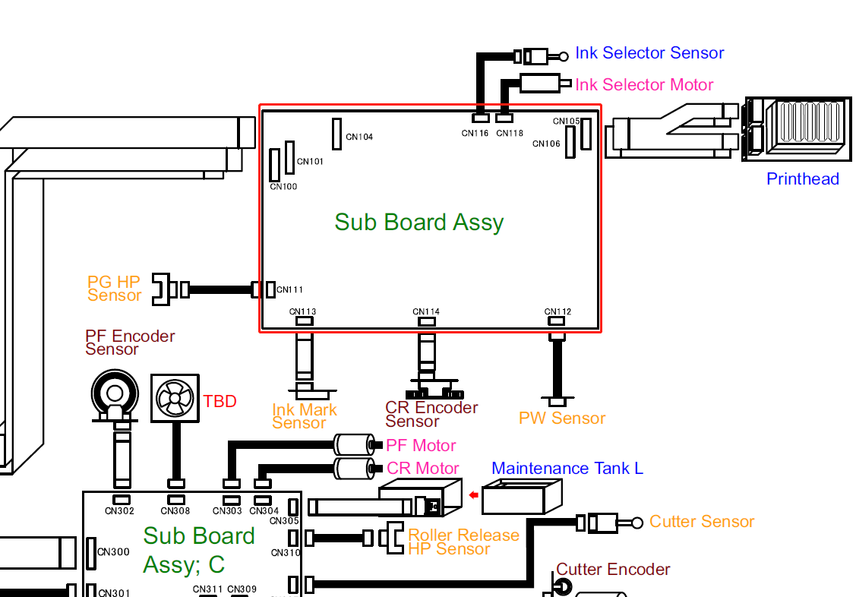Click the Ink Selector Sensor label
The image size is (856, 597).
649,53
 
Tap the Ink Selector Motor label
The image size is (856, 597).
644,85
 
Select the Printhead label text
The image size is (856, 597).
802,179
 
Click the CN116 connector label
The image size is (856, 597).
475,134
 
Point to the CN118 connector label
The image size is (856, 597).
510,134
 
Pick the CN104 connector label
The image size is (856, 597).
359,137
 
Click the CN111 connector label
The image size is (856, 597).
289,290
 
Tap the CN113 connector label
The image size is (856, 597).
303,312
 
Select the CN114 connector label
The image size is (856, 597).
426,312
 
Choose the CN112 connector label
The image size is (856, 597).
558,312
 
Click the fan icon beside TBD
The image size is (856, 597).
175,397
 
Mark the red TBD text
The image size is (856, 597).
220,402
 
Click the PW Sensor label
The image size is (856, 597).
562,419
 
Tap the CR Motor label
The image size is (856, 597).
422,469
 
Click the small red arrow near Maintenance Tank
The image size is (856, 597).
474,496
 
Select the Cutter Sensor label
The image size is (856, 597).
702,522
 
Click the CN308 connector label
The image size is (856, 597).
176,511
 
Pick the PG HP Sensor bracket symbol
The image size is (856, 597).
161,289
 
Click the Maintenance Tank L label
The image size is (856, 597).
567,469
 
